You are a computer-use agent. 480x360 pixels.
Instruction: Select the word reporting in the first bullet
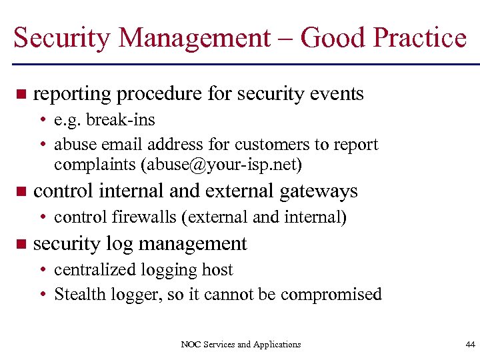click(72, 94)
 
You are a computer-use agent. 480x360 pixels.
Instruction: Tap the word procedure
click(159, 94)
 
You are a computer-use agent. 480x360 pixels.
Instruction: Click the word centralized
click(98, 270)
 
